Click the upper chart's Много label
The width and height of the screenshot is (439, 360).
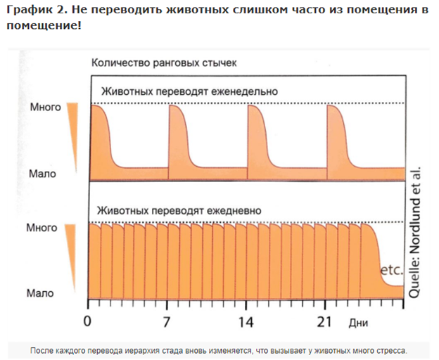click(x=44, y=108)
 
